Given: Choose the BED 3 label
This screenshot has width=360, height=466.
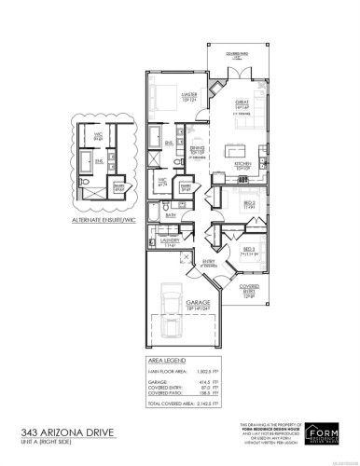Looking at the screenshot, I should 250,249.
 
